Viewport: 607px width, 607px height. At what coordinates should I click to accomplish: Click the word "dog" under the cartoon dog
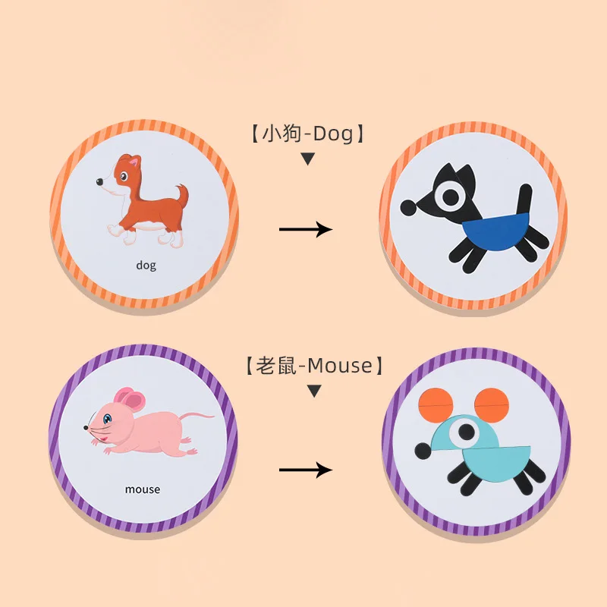146,266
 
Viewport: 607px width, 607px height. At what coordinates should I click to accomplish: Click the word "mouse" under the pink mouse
143,489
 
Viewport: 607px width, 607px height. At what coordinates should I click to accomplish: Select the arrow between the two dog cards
306,229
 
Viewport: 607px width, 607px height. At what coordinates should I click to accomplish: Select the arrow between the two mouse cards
306,470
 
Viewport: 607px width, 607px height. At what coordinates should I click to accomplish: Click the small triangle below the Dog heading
307,159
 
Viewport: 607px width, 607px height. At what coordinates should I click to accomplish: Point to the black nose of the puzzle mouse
422,451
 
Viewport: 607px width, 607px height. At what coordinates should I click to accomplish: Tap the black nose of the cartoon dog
99,182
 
